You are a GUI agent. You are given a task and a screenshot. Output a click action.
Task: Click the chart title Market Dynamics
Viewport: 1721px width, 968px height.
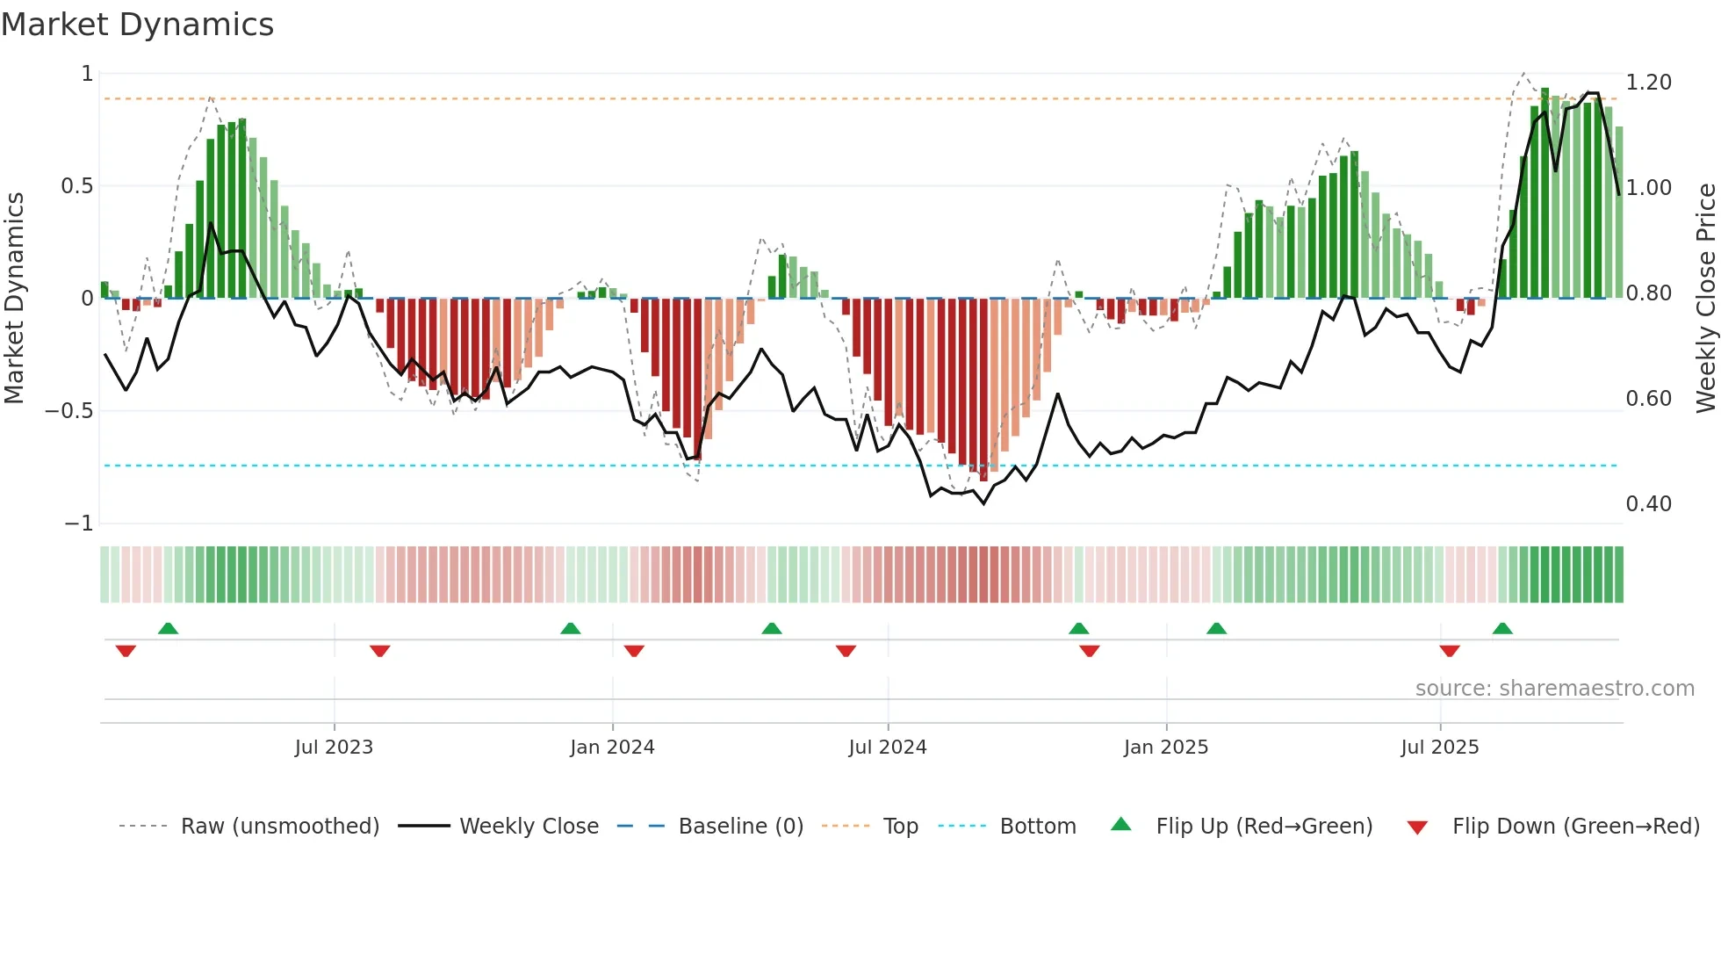point(137,25)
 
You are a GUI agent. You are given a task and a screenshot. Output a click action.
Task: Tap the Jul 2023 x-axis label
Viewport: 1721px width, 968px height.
point(334,748)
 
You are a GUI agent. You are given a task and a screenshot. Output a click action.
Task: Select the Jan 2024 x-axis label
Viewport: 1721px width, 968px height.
point(612,748)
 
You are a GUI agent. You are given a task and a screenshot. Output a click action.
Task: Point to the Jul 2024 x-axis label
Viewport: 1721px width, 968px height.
point(887,748)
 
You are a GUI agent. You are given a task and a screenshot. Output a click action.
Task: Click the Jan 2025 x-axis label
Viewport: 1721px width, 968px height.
point(1165,748)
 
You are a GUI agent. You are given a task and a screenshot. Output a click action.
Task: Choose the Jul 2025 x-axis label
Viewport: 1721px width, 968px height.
point(1439,748)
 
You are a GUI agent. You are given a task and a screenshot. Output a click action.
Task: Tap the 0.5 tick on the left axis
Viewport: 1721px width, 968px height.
point(76,186)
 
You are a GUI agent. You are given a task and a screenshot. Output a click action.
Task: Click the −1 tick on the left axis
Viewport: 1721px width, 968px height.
point(78,524)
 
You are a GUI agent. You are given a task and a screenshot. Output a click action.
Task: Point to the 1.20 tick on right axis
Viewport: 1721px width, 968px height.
point(1648,83)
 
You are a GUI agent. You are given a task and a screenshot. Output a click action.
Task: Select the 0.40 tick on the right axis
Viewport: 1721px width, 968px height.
point(1648,504)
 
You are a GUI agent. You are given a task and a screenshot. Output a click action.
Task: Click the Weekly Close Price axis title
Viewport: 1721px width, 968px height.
point(1705,298)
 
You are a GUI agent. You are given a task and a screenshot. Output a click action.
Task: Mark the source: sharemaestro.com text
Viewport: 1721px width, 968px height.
point(1554,689)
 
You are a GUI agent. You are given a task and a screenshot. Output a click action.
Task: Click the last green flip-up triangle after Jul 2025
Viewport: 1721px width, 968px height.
point(1502,629)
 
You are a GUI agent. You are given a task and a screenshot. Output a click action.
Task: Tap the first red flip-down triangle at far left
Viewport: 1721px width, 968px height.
point(126,651)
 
